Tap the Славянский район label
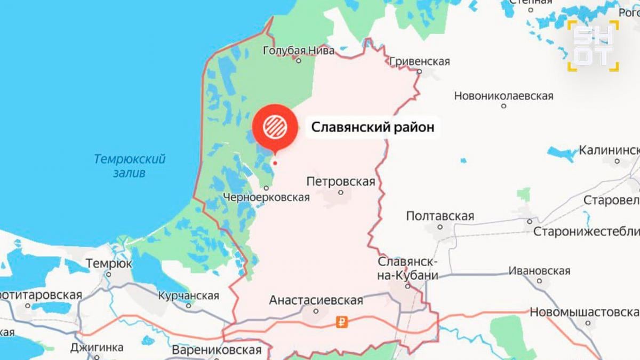click(372, 127)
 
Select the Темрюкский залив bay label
click(129, 166)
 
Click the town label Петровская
click(341, 182)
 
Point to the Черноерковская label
click(267, 197)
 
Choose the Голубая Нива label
click(299, 51)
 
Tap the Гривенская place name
click(419, 62)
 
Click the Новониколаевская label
click(503, 96)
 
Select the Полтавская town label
click(440, 216)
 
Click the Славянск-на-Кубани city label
click(408, 269)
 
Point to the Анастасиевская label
click(316, 300)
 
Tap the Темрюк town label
click(109, 263)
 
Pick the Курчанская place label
click(188, 296)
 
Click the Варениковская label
click(217, 350)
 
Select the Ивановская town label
click(539, 271)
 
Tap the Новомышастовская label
click(584, 312)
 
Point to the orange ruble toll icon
click(341, 322)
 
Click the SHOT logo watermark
click(593, 46)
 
